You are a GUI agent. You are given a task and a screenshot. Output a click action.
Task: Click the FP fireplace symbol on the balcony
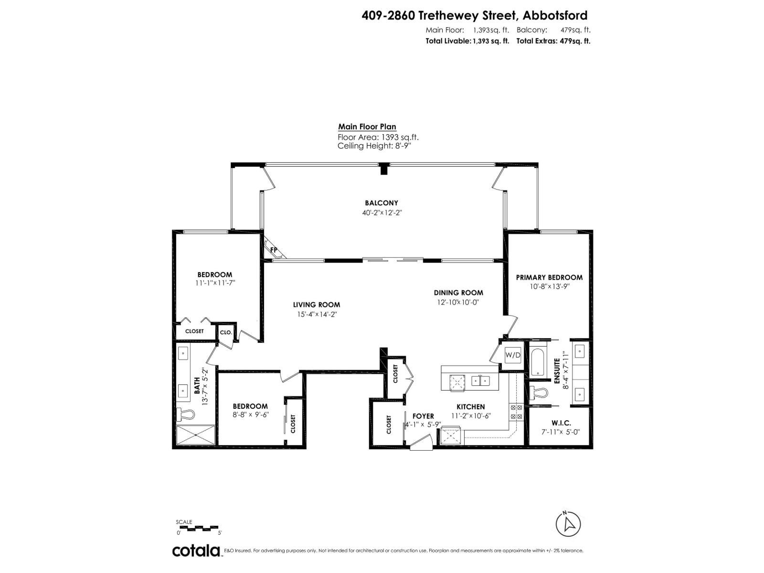(273, 250)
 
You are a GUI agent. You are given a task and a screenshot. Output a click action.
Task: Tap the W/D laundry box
(513, 355)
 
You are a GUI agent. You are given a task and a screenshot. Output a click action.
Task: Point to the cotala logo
(196, 551)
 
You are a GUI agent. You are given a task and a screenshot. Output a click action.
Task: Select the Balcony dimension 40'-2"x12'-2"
(382, 213)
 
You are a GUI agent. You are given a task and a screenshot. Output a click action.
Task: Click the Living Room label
(317, 305)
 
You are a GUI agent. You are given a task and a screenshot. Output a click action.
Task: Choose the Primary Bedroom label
(549, 277)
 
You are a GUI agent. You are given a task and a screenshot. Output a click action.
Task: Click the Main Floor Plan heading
(367, 127)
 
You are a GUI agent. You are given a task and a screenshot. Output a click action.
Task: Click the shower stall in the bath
(196, 435)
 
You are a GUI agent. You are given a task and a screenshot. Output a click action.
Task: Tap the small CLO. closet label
(225, 332)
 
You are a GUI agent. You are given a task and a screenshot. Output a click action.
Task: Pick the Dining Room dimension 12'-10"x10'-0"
(457, 302)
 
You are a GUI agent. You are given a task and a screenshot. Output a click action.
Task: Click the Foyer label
(423, 416)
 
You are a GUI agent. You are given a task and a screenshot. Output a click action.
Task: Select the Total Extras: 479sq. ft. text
(553, 41)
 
